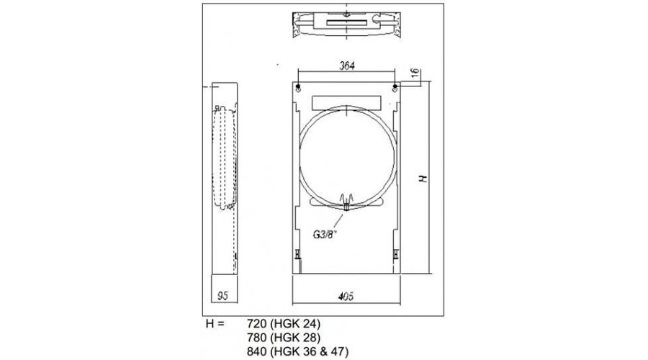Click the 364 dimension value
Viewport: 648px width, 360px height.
[347, 66]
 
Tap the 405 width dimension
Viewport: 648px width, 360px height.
[346, 297]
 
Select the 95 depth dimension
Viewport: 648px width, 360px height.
[222, 296]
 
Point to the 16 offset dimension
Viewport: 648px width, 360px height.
[415, 73]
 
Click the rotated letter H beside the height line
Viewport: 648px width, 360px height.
[423, 178]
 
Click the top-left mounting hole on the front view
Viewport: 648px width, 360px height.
[298, 87]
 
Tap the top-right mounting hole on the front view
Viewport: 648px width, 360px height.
[395, 87]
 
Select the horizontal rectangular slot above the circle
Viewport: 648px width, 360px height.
[346, 102]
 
